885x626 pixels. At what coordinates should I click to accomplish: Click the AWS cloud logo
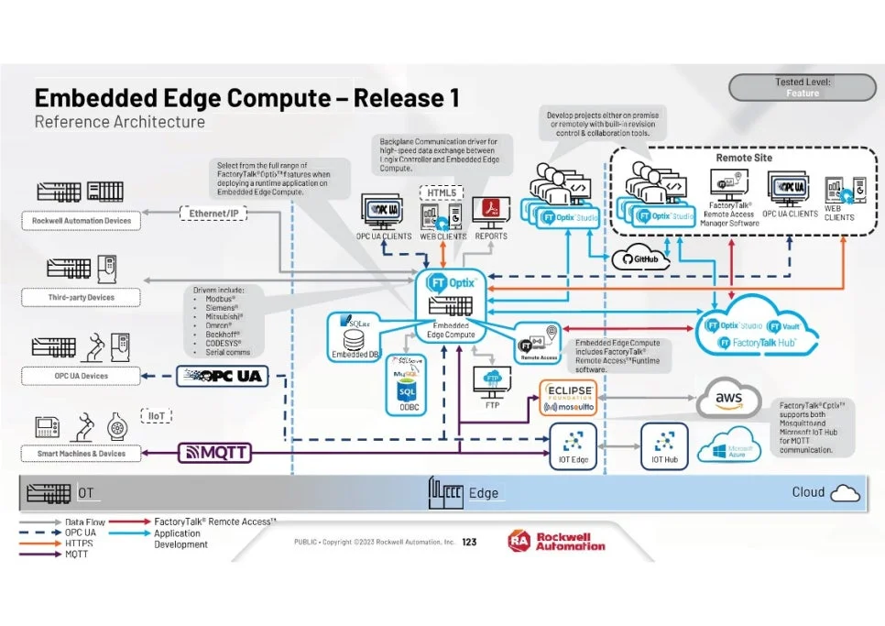[x=727, y=400]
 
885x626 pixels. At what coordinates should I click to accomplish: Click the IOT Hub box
[x=664, y=444]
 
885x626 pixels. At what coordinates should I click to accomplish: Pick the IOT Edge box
[x=573, y=444]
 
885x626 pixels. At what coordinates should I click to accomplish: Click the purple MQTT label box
[x=213, y=452]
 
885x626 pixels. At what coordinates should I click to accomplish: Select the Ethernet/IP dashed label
[x=214, y=214]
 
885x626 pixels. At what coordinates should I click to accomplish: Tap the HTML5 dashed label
[x=442, y=192]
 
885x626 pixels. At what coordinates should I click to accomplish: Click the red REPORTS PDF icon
[x=491, y=212]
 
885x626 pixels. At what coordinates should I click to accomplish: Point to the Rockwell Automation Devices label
[x=82, y=221]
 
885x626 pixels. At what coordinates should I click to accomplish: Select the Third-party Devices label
[x=82, y=298]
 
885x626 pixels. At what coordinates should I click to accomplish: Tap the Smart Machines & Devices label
[x=82, y=453]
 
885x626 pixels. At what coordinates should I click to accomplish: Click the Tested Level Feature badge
[x=803, y=88]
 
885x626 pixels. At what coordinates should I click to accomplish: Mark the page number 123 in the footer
[x=469, y=542]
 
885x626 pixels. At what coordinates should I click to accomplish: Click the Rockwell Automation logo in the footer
[x=557, y=541]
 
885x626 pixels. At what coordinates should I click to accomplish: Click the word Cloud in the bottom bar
[x=808, y=492]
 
